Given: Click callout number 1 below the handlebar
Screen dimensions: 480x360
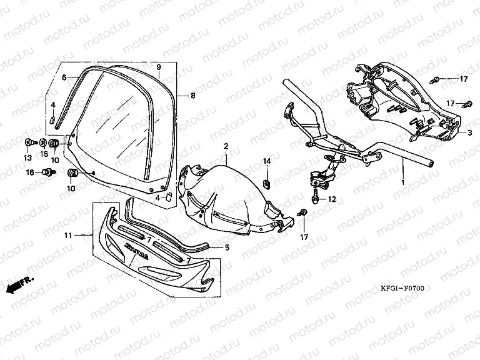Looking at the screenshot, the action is tap(402, 181).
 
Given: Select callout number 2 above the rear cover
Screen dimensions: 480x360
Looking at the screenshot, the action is tap(226, 146).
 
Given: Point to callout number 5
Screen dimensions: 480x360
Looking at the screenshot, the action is tap(226, 247).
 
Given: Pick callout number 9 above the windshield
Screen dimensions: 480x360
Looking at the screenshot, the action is tap(159, 66).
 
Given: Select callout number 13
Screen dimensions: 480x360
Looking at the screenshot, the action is tap(28, 156).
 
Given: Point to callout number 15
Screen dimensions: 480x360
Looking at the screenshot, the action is tap(44, 154).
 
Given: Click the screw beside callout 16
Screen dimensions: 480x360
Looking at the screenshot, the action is tap(47, 171).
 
